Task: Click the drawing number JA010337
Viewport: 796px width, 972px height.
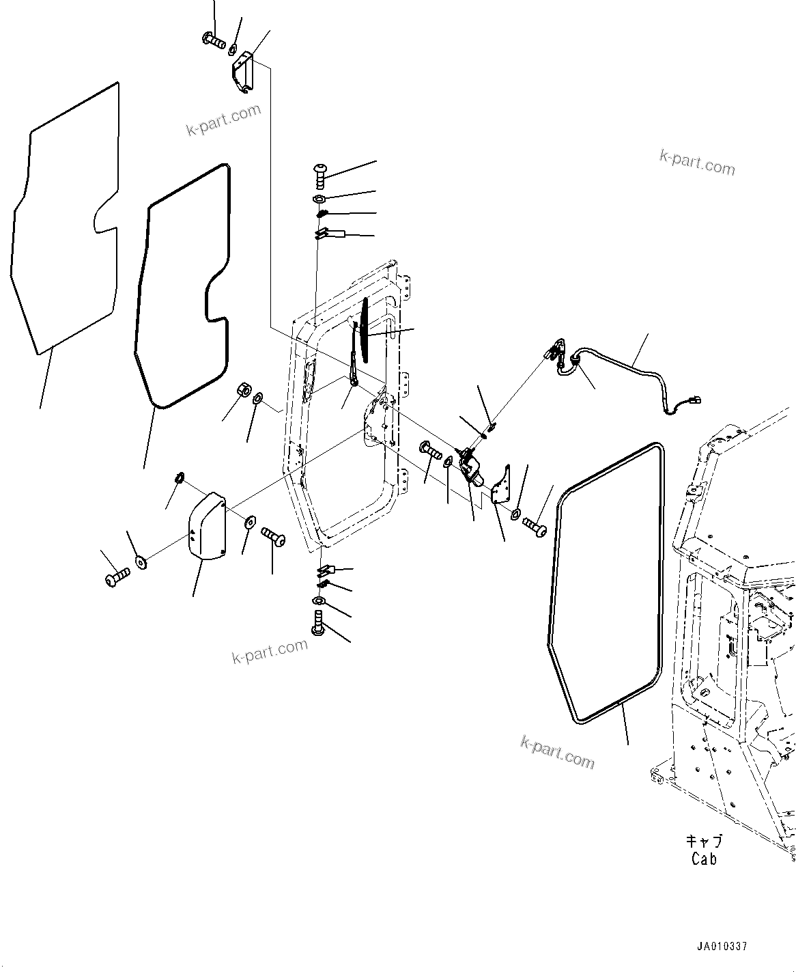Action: point(722,947)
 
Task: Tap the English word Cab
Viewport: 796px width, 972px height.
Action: point(704,859)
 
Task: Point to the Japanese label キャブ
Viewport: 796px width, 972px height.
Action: point(704,842)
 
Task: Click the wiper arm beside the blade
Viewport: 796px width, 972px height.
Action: point(355,362)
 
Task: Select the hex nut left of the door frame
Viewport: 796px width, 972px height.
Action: point(242,391)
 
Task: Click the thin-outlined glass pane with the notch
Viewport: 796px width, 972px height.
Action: point(65,219)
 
